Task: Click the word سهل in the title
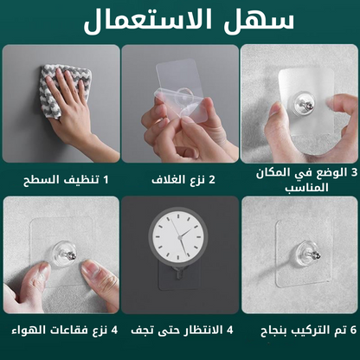click(x=259, y=20)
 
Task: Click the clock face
click(x=178, y=235)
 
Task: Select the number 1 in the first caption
click(x=106, y=180)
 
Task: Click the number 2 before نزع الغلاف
click(x=212, y=180)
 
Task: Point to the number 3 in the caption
click(x=354, y=172)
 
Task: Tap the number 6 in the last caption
click(x=353, y=330)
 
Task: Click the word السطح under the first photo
click(x=42, y=180)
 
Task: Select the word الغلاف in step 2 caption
click(x=167, y=180)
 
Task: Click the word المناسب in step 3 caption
click(x=306, y=188)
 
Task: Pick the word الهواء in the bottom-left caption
click(x=29, y=330)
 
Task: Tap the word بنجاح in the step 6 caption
click(x=273, y=331)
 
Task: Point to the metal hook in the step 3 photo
click(x=308, y=106)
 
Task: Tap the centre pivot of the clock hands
click(x=179, y=237)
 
